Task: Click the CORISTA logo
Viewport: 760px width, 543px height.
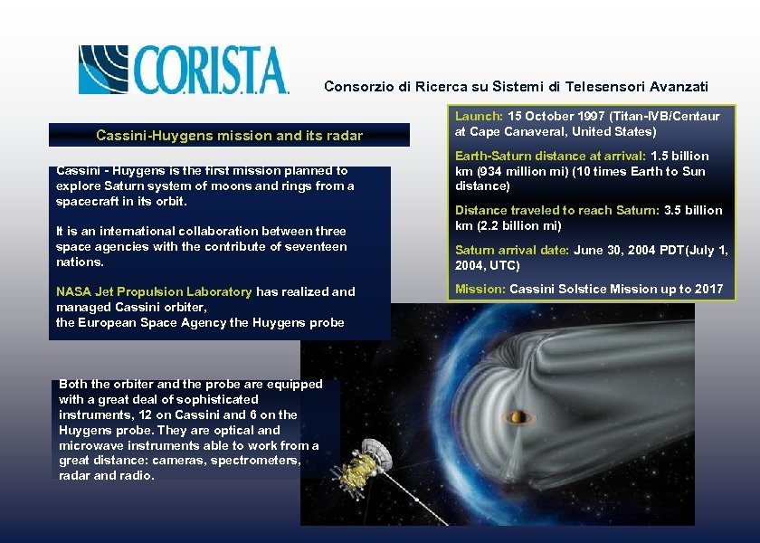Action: coord(183,69)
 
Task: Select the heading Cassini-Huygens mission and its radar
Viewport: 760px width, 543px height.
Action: coord(229,136)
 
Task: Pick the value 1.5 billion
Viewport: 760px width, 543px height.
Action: coord(679,157)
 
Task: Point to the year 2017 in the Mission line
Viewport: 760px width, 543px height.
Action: coord(708,290)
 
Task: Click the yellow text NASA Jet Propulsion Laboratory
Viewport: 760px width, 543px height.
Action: coord(154,292)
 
